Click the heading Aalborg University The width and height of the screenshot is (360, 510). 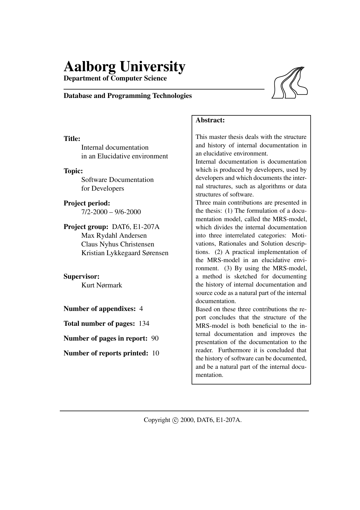coord(124,67)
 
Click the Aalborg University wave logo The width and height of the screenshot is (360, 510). coord(290,83)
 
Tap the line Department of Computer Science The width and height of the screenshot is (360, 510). coord(115,78)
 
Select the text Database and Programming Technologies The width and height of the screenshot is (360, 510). coord(127,96)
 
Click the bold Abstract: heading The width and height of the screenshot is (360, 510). coord(210,120)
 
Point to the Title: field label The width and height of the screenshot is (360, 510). coord(72,139)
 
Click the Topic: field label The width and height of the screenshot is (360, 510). coord(73,171)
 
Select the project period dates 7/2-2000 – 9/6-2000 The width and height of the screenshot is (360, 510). coord(111,212)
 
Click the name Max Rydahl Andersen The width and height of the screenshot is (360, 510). coord(114,235)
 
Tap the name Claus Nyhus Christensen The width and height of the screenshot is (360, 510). coord(118,244)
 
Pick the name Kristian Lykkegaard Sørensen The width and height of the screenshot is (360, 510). coord(125,253)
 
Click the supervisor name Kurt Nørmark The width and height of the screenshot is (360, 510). coord(102,285)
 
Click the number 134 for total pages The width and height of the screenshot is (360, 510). coord(144,323)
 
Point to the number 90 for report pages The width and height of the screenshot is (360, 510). coord(155,338)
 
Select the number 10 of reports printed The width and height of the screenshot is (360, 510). coord(156,353)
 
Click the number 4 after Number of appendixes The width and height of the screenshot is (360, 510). coord(141,309)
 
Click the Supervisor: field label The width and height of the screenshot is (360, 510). coord(81,276)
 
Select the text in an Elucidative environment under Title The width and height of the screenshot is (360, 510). coord(124,156)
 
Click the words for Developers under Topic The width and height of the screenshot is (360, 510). coord(102,188)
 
